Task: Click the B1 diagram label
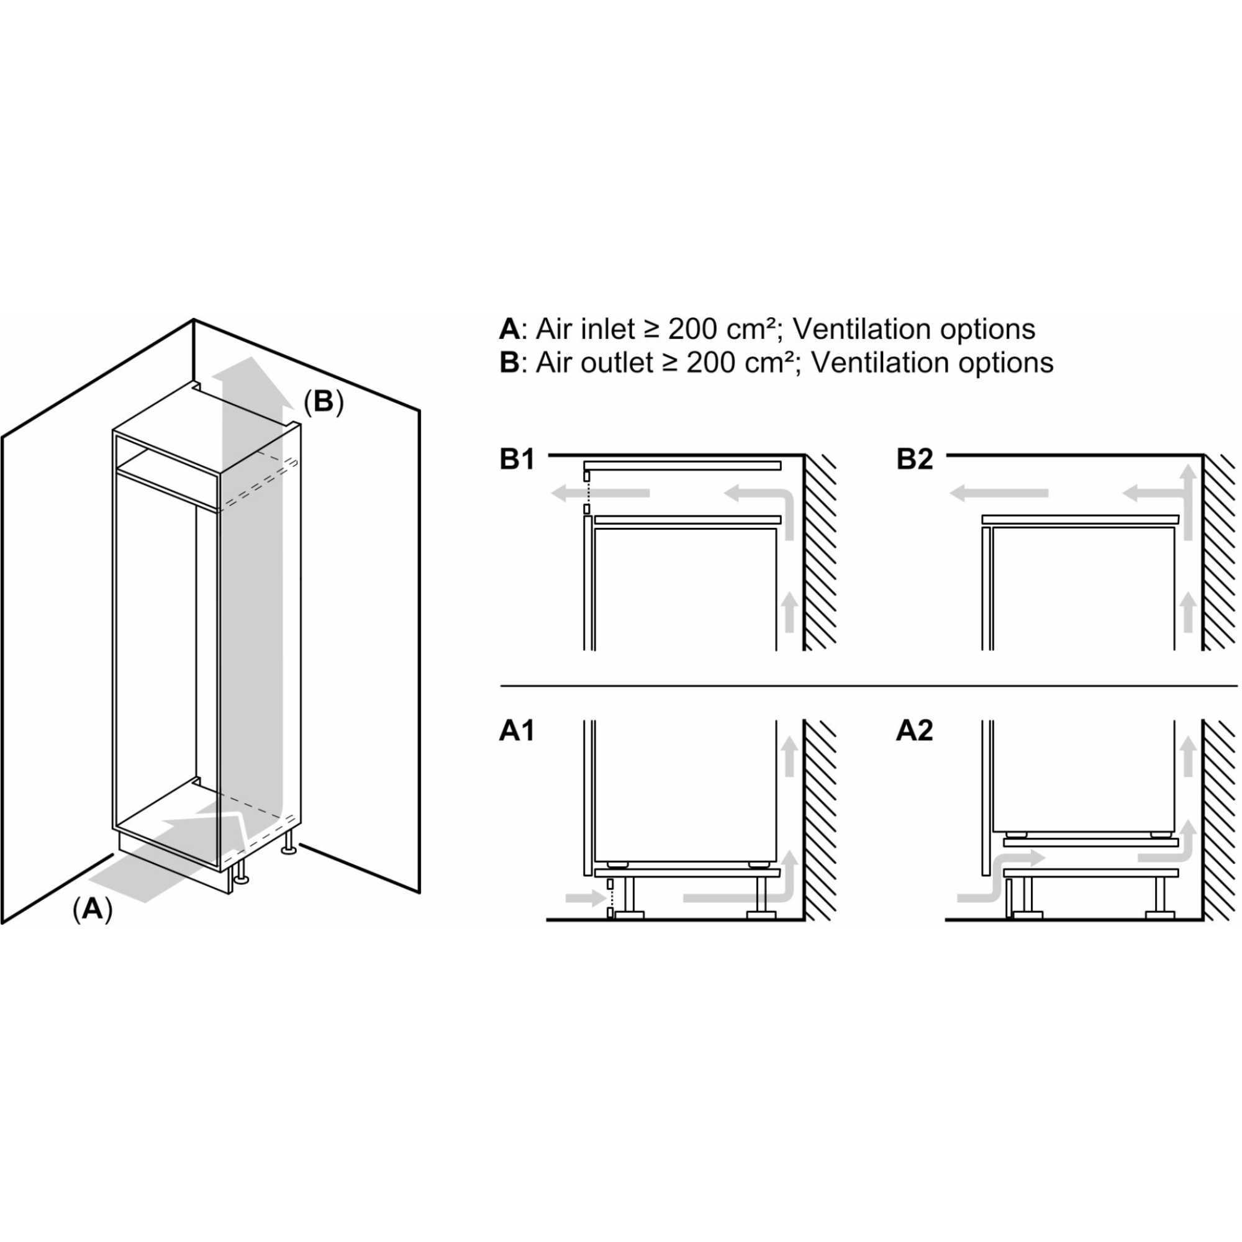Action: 517,460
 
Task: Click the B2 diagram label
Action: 914,460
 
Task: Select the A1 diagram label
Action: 516,731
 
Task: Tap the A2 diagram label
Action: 914,731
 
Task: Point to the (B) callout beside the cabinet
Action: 324,402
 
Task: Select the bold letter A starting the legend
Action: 509,329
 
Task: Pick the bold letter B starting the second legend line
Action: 509,363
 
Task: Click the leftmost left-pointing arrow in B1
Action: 601,493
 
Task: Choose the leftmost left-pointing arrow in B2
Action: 999,493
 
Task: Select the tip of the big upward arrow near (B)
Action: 252,364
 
